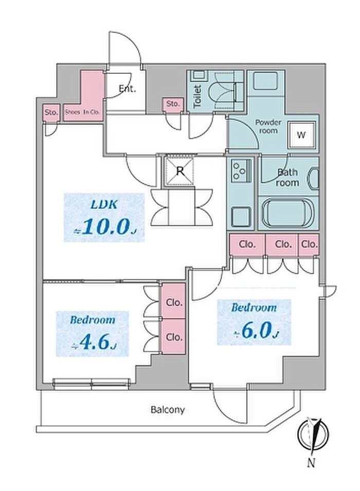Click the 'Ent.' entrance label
click(x=127, y=89)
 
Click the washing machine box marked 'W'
click(x=302, y=135)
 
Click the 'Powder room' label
click(x=268, y=127)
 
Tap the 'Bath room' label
click(x=287, y=178)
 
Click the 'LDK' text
click(x=105, y=204)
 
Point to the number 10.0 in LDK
click(x=105, y=227)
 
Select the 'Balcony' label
click(x=168, y=410)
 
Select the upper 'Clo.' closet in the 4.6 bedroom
click(x=174, y=303)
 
